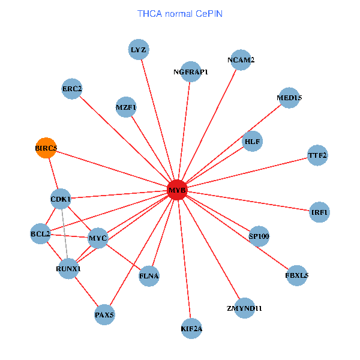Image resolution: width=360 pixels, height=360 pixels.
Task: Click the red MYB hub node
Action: [x=178, y=190]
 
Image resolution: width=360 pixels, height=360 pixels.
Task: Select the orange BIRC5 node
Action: [x=46, y=148]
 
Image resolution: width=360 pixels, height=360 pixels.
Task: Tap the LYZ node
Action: [x=139, y=50]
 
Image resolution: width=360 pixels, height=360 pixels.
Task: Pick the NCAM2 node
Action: [x=241, y=60]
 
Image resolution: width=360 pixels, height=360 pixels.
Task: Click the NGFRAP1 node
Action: [x=190, y=72]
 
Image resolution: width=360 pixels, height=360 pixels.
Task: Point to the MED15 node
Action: [x=289, y=97]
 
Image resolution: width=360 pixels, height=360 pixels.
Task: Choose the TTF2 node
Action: [x=317, y=155]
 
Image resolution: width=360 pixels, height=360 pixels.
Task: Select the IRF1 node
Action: [x=320, y=212]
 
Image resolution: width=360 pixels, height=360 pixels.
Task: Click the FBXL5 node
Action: [x=297, y=276]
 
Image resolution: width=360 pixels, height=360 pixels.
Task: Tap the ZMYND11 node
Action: [x=245, y=308]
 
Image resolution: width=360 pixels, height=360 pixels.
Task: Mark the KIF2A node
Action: [x=191, y=328]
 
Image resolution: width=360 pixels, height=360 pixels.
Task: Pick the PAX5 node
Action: [x=104, y=314]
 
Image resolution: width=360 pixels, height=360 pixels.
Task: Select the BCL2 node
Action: [x=40, y=233]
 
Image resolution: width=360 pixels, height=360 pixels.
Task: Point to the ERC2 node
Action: [x=72, y=89]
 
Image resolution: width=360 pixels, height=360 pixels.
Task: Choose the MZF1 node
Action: [x=126, y=107]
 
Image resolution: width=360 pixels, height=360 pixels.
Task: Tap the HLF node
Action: [x=252, y=142]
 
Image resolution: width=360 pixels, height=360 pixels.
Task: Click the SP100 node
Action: [x=259, y=236]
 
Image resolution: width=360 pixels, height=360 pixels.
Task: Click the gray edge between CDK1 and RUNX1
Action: [x=64, y=233]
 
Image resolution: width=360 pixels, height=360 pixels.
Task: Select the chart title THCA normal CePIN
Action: [x=180, y=13]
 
